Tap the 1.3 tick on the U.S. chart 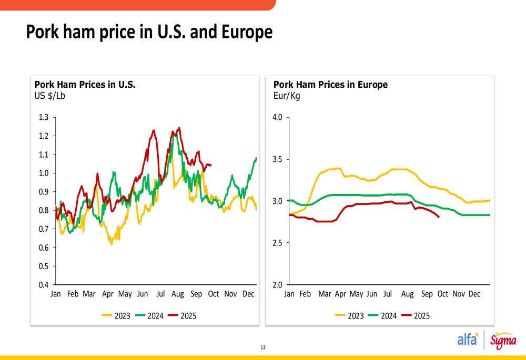coord(44,117)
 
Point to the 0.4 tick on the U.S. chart coord(44,285)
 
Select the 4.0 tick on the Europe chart coord(277,117)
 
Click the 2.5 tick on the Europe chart coord(277,243)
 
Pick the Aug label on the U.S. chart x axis coord(177,294)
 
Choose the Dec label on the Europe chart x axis coord(474,294)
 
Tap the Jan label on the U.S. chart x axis coord(56,294)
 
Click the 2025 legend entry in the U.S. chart coord(188,316)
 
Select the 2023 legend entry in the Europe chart coord(356,316)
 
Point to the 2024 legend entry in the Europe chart coord(389,316)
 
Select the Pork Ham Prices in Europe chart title coord(330,85)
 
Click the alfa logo coord(468,340)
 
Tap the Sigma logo coord(503,341)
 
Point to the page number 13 coord(263,347)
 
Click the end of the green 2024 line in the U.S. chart coord(256,158)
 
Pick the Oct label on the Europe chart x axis coord(443,294)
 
